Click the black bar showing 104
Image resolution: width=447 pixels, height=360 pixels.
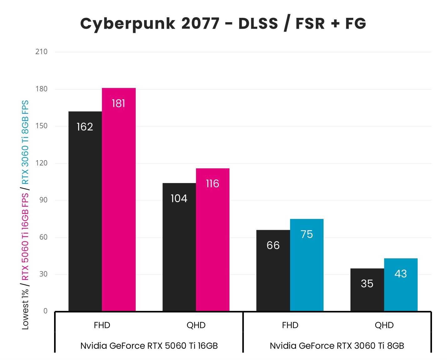[x=179, y=247]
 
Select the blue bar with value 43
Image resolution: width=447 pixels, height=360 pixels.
[x=401, y=285]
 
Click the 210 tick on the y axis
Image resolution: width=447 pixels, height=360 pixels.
[x=41, y=52]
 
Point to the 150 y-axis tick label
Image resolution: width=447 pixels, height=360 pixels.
[x=41, y=126]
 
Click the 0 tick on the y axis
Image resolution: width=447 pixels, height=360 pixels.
[x=45, y=311]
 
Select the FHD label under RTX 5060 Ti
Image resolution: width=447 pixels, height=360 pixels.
[x=102, y=325]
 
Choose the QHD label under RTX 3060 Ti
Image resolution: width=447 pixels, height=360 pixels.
[x=384, y=325]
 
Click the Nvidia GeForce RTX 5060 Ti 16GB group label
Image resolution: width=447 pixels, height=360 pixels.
[x=149, y=346]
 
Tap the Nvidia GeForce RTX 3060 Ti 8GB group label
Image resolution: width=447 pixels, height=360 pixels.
[x=337, y=346]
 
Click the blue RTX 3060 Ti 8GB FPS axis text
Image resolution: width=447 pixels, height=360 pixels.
[x=25, y=142]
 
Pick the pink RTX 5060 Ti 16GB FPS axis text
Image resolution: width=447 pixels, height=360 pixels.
[x=25, y=236]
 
